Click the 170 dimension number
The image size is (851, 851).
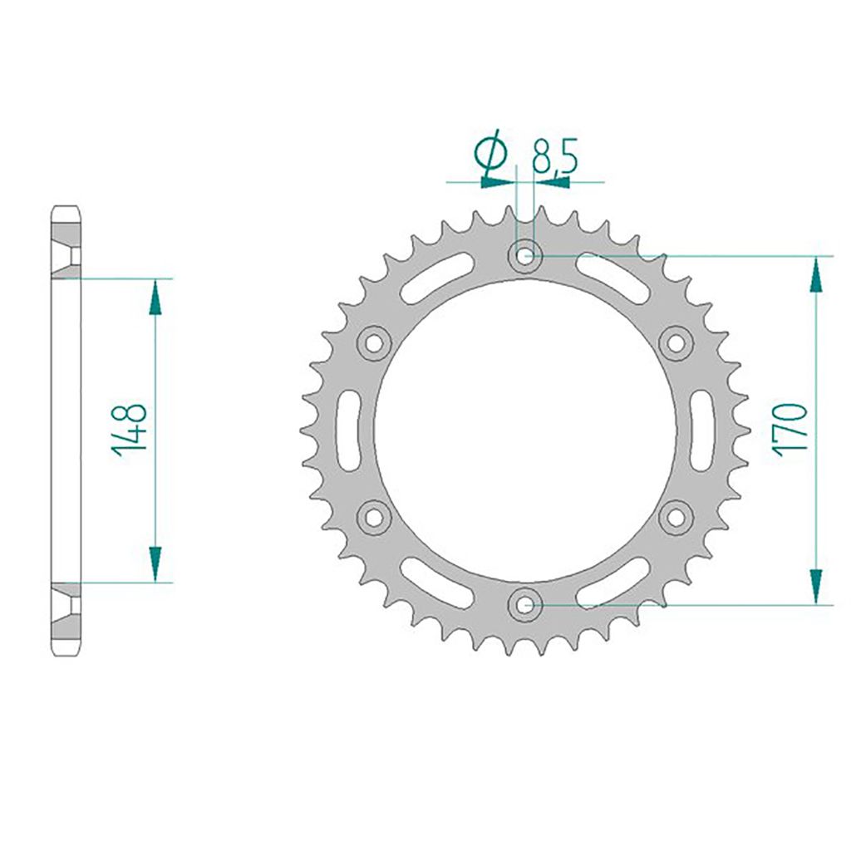click(791, 429)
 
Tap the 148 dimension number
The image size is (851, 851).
click(130, 430)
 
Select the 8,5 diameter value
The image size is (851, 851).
click(554, 155)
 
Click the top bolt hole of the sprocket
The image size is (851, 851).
click(524, 255)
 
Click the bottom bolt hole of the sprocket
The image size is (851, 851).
click(524, 604)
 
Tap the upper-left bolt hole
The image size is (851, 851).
click(373, 342)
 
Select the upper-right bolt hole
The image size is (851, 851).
click(676, 342)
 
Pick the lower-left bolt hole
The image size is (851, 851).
click(373, 517)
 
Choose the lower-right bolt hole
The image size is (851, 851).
click(676, 517)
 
